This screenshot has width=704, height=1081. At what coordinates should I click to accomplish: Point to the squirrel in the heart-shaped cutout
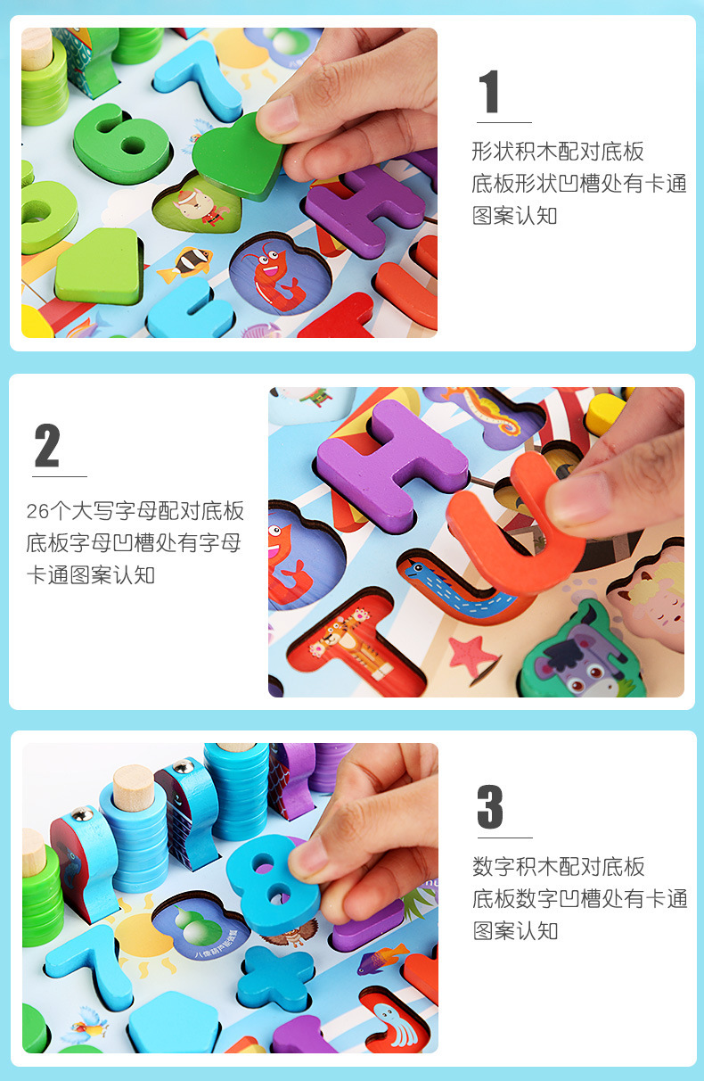[x=201, y=207]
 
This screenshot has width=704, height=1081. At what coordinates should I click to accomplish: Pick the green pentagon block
[x=99, y=266]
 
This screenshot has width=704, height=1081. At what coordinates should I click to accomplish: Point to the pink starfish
[x=471, y=656]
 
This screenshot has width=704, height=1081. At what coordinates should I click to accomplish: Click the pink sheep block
[x=649, y=596]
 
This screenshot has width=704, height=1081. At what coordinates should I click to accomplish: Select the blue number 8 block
[x=273, y=883]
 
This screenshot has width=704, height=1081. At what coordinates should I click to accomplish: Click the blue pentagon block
[x=174, y=1023]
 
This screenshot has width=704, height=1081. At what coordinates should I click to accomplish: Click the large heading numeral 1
[x=489, y=91]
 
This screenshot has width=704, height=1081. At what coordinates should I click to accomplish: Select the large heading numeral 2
[x=46, y=445]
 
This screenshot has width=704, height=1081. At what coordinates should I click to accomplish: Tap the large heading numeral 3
[x=490, y=806]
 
